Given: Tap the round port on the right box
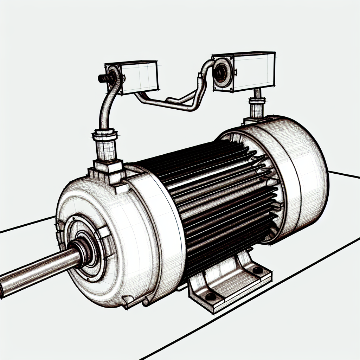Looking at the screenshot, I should click(x=221, y=71).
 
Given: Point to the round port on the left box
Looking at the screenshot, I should click(x=113, y=76).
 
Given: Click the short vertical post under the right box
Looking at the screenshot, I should click(x=256, y=105).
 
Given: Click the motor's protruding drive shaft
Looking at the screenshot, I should click(x=35, y=271).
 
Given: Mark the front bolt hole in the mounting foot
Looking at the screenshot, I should click(x=210, y=297).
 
